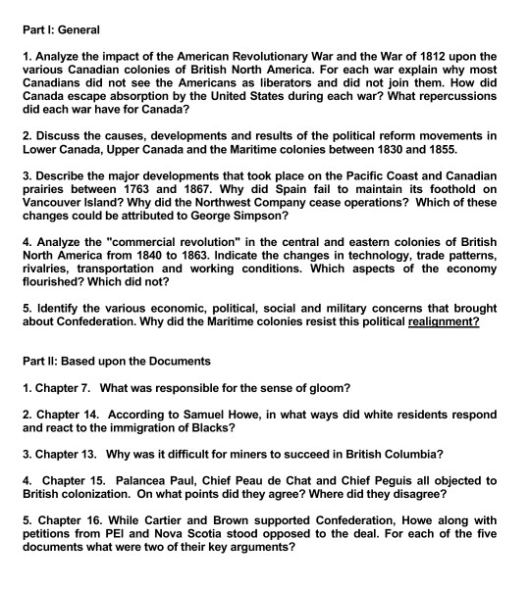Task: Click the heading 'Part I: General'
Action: click(66, 30)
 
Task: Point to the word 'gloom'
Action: click(315, 387)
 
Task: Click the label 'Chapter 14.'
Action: click(69, 417)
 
